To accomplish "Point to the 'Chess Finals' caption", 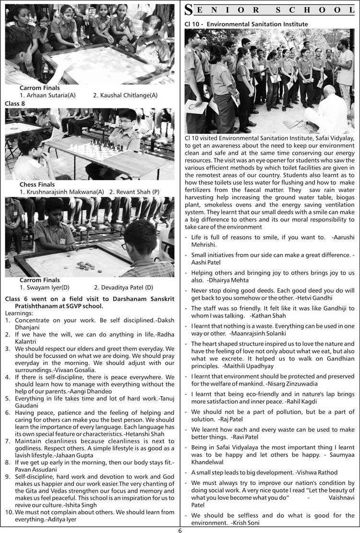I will (x=37, y=184).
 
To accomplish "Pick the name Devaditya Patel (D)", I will (x=123, y=288).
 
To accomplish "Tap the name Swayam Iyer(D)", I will (x=45, y=288).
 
